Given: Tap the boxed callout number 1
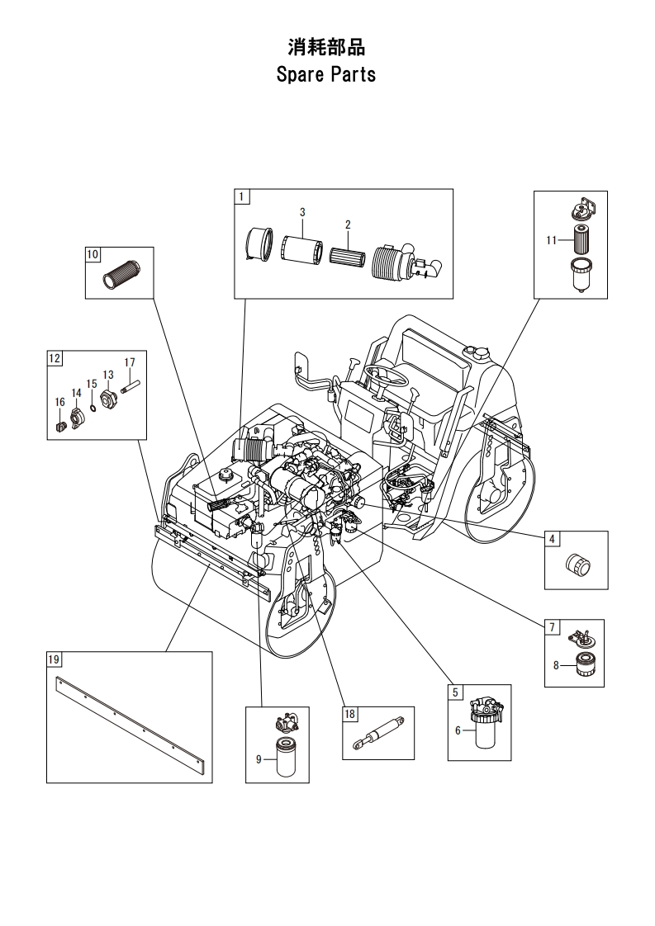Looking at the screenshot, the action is pos(242,196).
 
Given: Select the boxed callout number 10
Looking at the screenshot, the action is pos(93,254).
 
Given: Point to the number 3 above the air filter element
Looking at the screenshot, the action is pos(302,212).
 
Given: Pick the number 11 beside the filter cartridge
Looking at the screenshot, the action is pos(551,240).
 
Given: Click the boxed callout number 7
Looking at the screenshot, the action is pos(552,626).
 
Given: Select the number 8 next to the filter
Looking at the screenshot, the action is pos(556,665).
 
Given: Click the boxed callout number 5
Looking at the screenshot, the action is pos(454,692).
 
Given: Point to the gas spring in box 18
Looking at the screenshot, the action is pos(378,733).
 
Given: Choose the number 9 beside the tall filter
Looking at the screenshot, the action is pos(259,759).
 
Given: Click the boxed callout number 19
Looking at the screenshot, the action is pos(54,659).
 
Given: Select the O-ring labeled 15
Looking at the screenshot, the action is pos(93,407).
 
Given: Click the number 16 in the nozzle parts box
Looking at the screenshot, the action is pos(59,402).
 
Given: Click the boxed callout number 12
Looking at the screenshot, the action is pos(55,358).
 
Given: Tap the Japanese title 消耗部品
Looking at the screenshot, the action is pos(326,47).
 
